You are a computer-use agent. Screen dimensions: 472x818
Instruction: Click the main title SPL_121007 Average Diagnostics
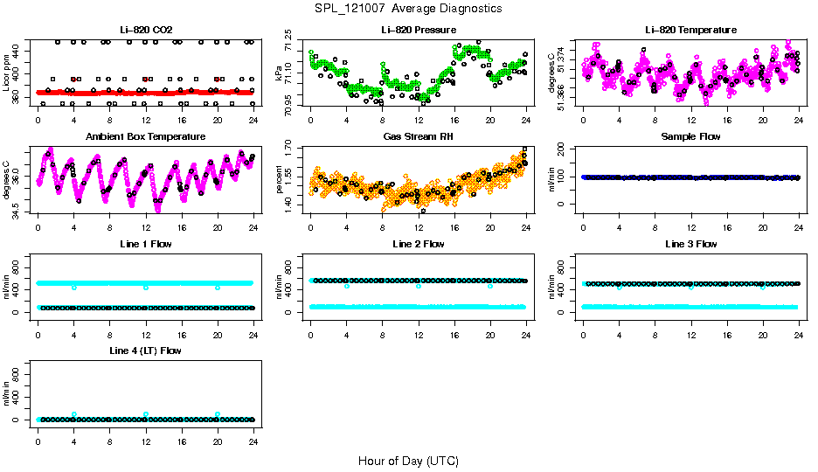coord(409,8)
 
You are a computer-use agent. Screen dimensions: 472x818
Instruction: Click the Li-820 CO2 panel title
coord(145,31)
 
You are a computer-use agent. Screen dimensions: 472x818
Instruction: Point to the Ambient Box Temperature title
coord(145,137)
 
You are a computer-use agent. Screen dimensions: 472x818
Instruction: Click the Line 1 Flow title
coord(145,244)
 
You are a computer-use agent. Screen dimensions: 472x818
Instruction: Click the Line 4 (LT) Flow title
coord(145,351)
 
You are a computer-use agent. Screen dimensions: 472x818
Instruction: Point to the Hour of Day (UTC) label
coord(408,461)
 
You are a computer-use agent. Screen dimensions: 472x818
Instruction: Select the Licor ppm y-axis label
coord(7,73)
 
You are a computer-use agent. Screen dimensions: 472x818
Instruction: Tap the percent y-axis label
coord(280,179)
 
